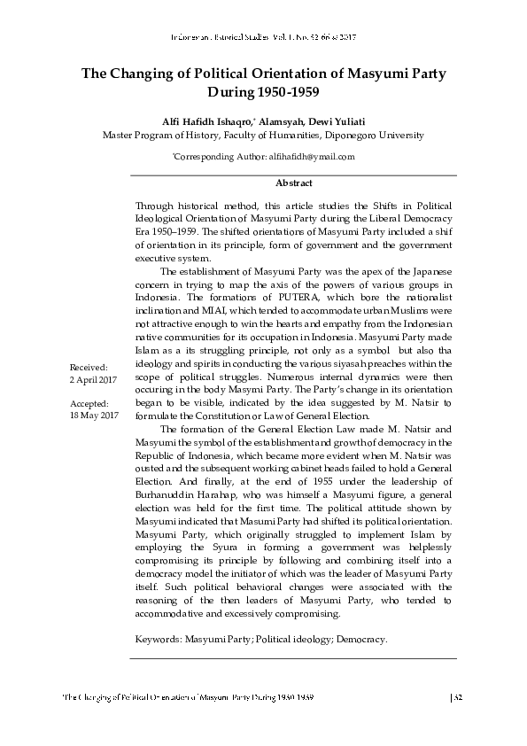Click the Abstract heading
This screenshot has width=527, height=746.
click(293, 183)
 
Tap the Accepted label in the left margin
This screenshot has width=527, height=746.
click(89, 403)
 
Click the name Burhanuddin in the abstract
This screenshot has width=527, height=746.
click(169, 498)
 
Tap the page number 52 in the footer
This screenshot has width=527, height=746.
click(459, 698)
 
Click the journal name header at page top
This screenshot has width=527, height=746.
click(263, 38)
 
